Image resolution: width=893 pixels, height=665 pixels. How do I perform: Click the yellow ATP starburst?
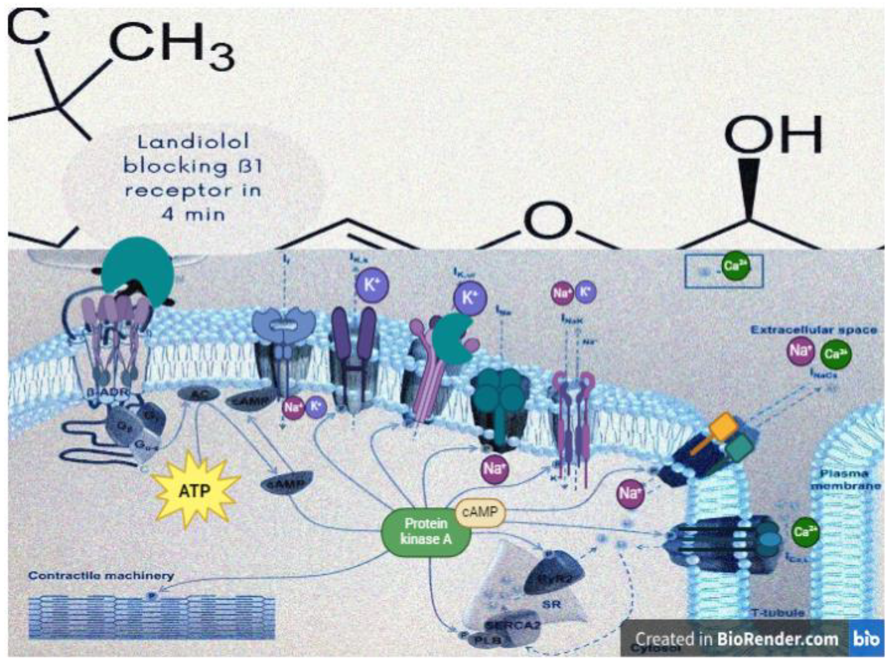[195, 490]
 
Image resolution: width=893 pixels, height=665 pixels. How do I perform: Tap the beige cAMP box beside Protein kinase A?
[480, 512]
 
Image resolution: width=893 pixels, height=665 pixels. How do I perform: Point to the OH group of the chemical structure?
[773, 135]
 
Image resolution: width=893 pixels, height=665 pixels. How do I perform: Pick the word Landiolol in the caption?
[193, 142]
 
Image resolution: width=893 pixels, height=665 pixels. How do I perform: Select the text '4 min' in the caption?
[193, 214]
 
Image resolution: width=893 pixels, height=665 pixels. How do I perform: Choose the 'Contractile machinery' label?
[101, 576]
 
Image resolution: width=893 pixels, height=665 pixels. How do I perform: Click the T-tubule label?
[778, 613]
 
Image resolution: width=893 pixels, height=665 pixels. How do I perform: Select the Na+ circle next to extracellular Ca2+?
[800, 351]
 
